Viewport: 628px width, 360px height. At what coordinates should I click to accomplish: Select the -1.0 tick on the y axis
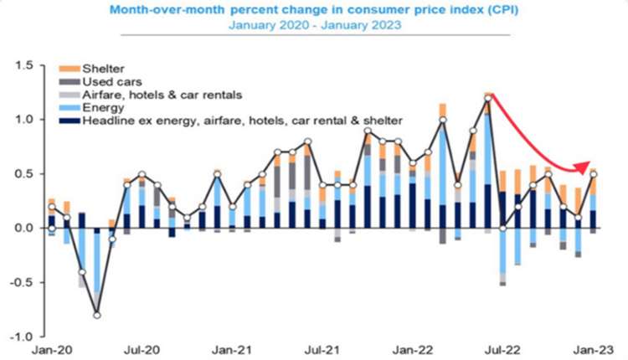tap(22, 337)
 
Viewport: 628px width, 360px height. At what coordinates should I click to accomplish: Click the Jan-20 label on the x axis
tap(50, 348)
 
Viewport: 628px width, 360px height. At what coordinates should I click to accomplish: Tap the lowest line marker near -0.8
tap(97, 315)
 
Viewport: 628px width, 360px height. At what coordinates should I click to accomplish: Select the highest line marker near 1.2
tap(487, 99)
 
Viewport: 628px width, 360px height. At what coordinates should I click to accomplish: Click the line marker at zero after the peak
tap(502, 228)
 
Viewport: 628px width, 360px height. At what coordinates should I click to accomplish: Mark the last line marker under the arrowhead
tap(593, 174)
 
